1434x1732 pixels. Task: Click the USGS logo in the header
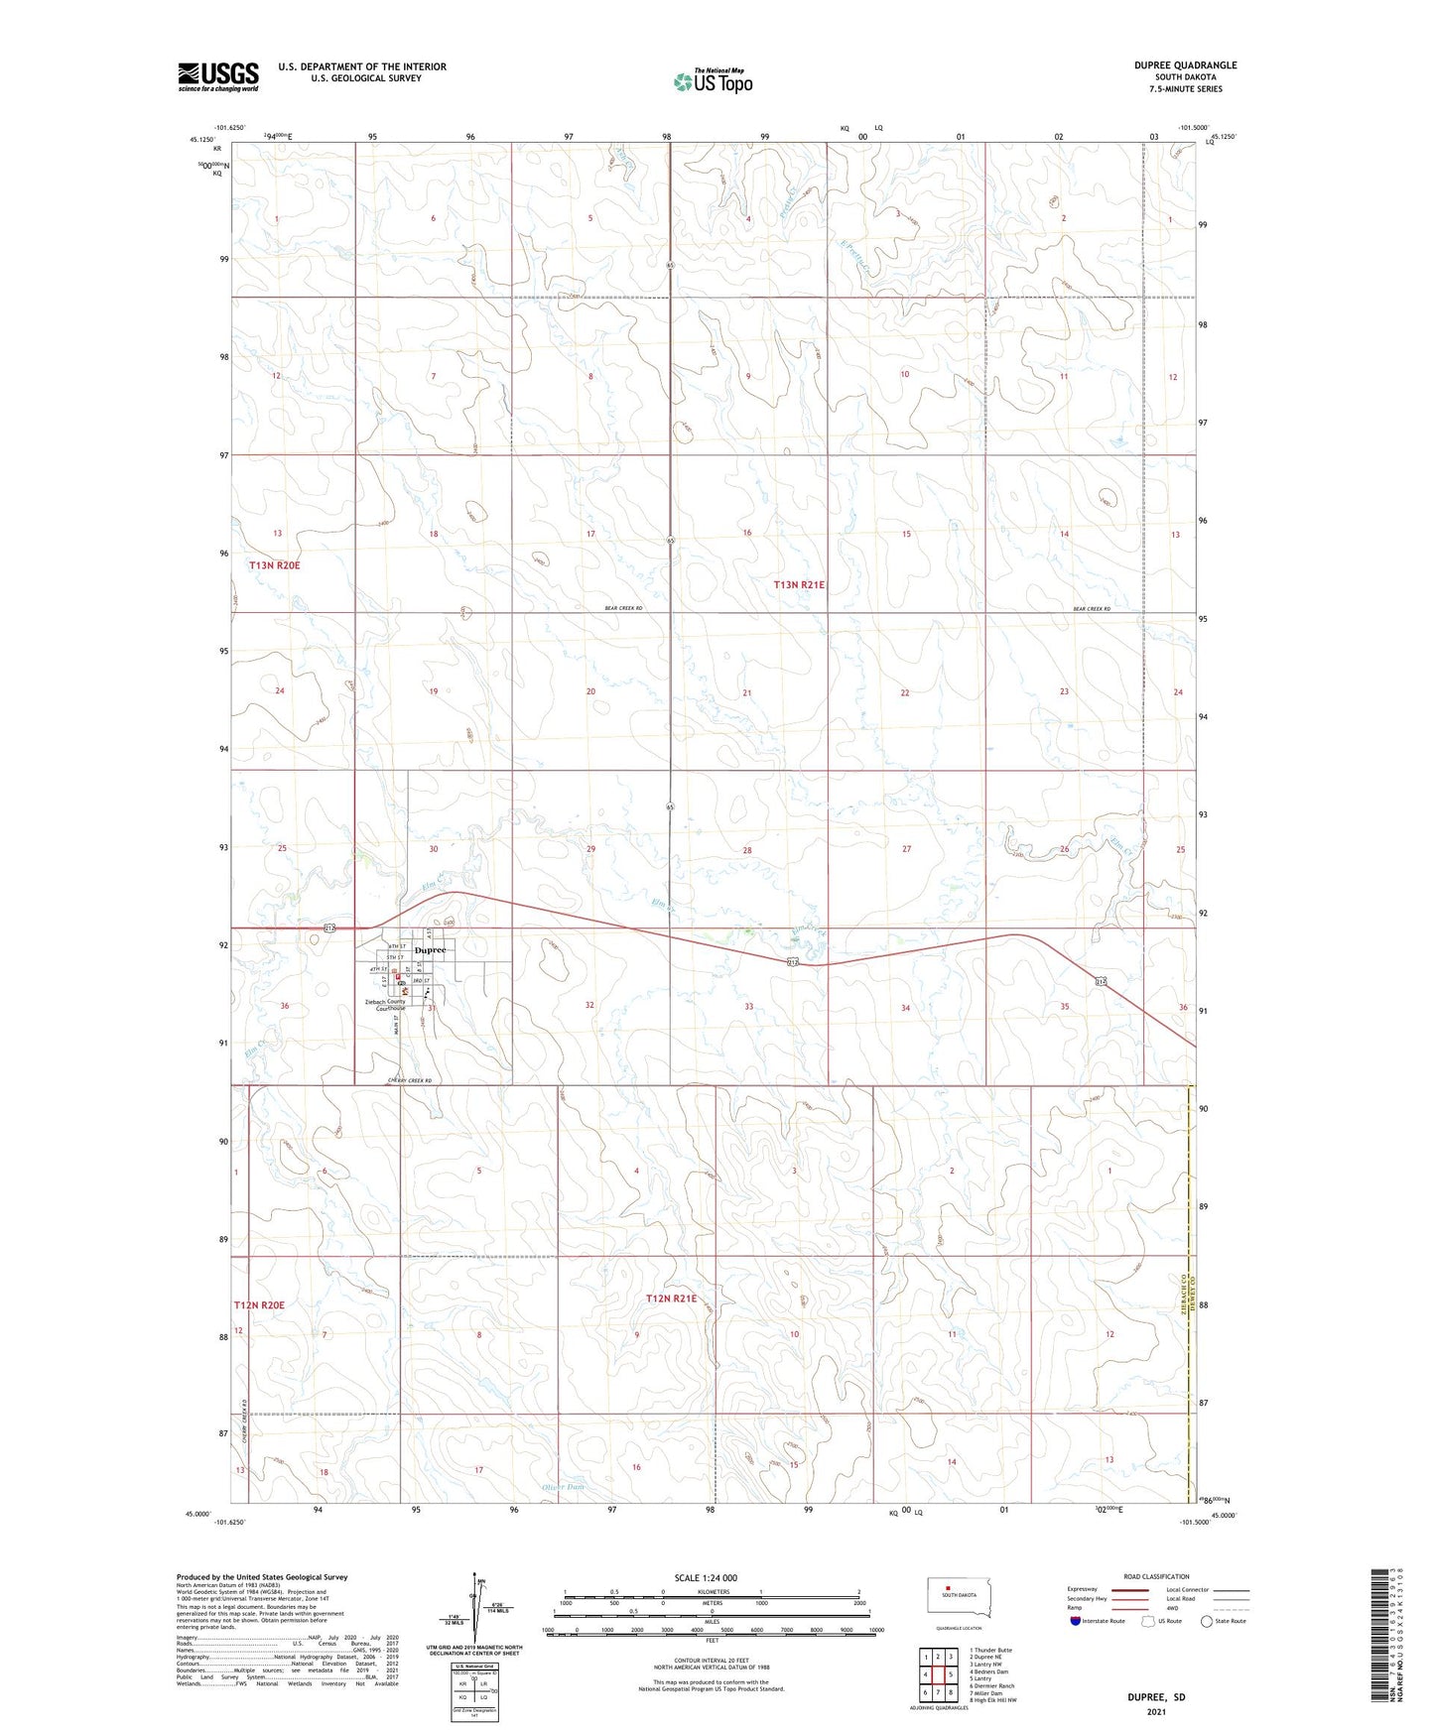pyautogui.click(x=217, y=76)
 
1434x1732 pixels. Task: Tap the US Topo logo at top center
pyautogui.click(x=712, y=81)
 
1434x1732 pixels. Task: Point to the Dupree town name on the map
pyautogui.click(x=430, y=949)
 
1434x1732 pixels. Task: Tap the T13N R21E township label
pyautogui.click(x=799, y=585)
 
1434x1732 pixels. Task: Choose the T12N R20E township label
pyautogui.click(x=259, y=1304)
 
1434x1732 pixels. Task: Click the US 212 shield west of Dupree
pyautogui.click(x=329, y=928)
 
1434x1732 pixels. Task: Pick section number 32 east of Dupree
pyautogui.click(x=589, y=1005)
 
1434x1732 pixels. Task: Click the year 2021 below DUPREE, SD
pyautogui.click(x=1155, y=1712)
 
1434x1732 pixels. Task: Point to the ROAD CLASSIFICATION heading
pyautogui.click(x=1156, y=1576)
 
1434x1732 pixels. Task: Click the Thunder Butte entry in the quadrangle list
pyautogui.click(x=991, y=1650)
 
